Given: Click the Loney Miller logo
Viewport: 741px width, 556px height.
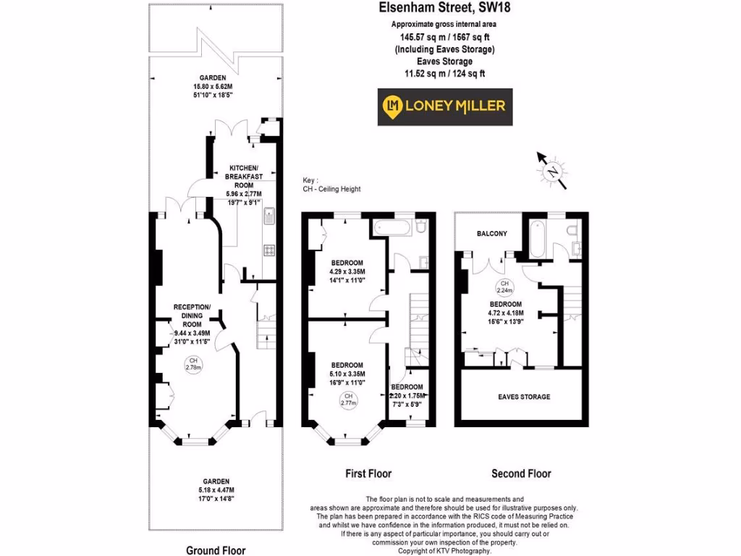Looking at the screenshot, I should [444, 106].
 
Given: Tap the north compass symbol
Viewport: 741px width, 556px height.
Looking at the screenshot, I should [553, 172].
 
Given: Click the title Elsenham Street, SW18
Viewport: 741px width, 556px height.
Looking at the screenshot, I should [444, 9].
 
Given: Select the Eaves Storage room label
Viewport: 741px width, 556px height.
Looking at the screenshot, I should [524, 397].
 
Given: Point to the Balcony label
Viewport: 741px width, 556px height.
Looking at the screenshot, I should [491, 234].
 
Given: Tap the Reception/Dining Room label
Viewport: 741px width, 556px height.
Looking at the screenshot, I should [192, 315].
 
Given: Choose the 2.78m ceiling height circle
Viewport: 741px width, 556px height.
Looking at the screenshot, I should [192, 363].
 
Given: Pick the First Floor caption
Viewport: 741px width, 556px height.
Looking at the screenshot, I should [368, 473].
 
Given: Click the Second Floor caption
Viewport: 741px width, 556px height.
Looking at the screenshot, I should [521, 473].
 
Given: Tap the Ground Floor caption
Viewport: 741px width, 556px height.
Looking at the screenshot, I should [216, 550].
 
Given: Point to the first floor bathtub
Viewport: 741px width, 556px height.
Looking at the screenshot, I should [394, 228].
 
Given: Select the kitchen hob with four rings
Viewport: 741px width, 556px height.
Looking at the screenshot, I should [269, 250].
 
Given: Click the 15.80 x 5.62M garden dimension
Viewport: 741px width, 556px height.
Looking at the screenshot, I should [213, 87].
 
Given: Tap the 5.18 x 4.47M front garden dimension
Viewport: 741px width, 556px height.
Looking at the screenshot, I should [216, 490].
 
